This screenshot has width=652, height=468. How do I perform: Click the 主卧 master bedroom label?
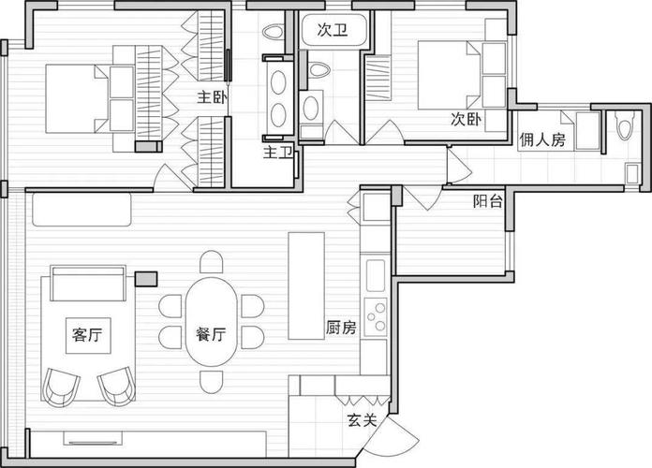pos(212,97)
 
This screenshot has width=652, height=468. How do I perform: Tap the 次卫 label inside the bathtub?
pos(333,30)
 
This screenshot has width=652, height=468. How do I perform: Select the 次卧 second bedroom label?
pos(467,119)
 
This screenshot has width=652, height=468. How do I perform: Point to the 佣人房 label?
pos(542,139)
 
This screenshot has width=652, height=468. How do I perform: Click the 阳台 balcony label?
pos(488,201)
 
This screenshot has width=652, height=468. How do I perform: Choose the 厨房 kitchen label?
pos(341,328)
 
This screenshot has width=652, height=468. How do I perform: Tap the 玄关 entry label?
pos(363,420)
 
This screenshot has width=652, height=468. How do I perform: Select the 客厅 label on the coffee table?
pos(87,334)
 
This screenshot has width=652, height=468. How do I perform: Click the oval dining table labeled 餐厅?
pos(212,322)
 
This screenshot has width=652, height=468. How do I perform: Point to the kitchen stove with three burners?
pos(376,316)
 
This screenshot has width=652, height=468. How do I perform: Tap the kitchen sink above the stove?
pos(376,275)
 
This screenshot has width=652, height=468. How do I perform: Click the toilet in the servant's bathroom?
pos(624,124)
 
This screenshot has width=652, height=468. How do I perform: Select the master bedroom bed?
pos(89,99)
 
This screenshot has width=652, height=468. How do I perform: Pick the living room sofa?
pos(88,283)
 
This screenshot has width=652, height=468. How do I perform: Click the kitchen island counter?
pos(306,286)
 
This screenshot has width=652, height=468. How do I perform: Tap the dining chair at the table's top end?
pos(211,261)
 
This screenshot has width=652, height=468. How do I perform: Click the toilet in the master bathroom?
pos(273,33)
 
